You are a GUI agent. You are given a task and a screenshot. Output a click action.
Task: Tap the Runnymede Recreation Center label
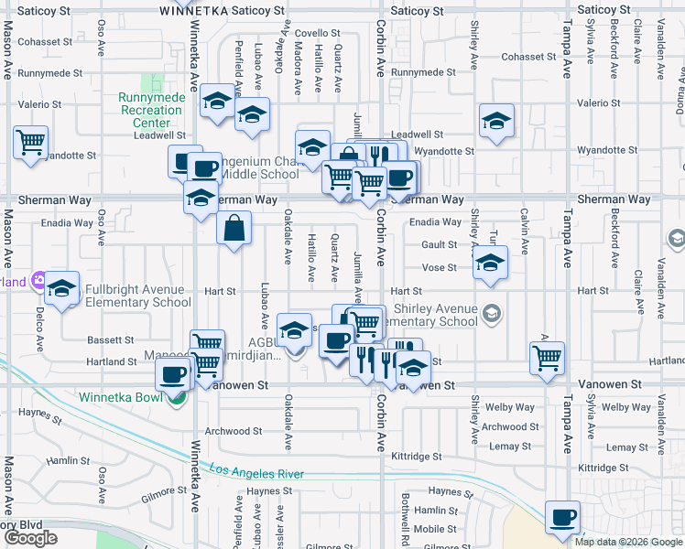[x=150, y=110]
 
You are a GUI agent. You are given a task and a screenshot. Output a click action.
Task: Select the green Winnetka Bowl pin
[x=179, y=397]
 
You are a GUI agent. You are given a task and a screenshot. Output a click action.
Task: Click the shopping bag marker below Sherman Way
[x=234, y=227]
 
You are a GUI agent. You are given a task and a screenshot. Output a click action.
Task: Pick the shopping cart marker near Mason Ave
[x=31, y=144]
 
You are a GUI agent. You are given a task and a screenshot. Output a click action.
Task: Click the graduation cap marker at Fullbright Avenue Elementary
[x=62, y=288]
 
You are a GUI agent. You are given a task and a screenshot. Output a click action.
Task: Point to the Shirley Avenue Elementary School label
[x=435, y=315]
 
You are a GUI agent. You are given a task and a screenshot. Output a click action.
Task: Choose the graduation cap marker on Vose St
[x=490, y=264]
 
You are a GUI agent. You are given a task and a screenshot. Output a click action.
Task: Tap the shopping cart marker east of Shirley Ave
[x=547, y=359]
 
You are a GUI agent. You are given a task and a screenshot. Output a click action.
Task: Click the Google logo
[x=31, y=538]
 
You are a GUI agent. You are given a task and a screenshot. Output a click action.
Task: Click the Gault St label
[x=439, y=245]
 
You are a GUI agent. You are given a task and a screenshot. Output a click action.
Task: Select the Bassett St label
[x=111, y=339]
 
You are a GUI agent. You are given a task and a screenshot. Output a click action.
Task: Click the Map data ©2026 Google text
[x=627, y=542]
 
